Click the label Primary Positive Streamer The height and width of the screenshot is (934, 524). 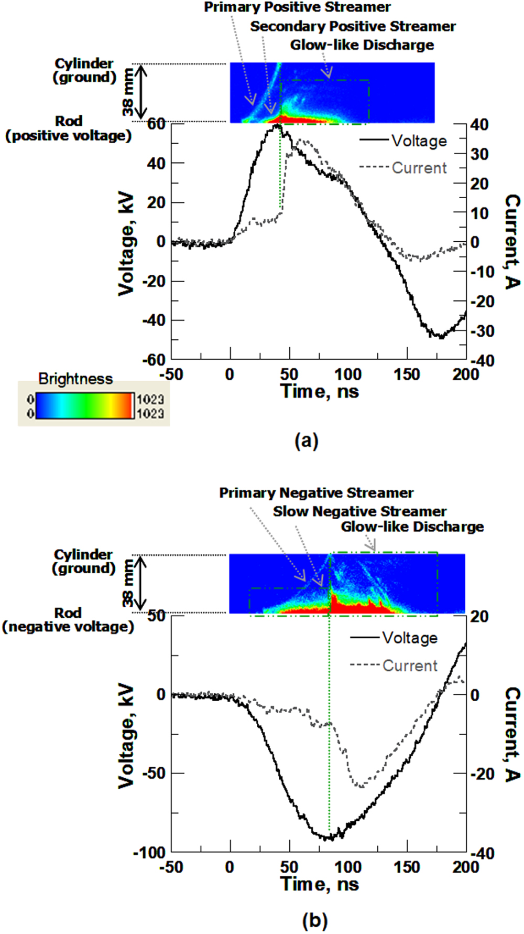pyautogui.click(x=297, y=7)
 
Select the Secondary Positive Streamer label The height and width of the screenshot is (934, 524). pyautogui.click(x=353, y=26)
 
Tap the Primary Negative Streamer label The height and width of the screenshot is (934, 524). pyautogui.click(x=316, y=493)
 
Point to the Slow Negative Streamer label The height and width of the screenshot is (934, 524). pyautogui.click(x=359, y=511)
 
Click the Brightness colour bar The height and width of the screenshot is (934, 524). pyautogui.click(x=84, y=406)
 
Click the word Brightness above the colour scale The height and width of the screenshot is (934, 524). pyautogui.click(x=75, y=379)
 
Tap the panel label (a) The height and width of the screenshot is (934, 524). pyautogui.click(x=307, y=440)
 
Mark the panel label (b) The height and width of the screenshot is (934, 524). pyautogui.click(x=314, y=920)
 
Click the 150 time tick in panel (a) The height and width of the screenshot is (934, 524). pyautogui.click(x=407, y=374)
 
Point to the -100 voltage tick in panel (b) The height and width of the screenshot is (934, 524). pyautogui.click(x=149, y=853)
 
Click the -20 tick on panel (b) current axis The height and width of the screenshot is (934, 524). pyautogui.click(x=482, y=774)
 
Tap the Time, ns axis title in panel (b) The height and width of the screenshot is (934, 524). pyautogui.click(x=320, y=884)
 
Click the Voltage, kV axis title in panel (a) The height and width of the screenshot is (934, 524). pyautogui.click(x=126, y=245)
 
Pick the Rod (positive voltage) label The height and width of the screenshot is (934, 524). pyautogui.click(x=69, y=128)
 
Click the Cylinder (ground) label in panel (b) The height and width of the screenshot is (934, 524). pyautogui.click(x=83, y=561)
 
